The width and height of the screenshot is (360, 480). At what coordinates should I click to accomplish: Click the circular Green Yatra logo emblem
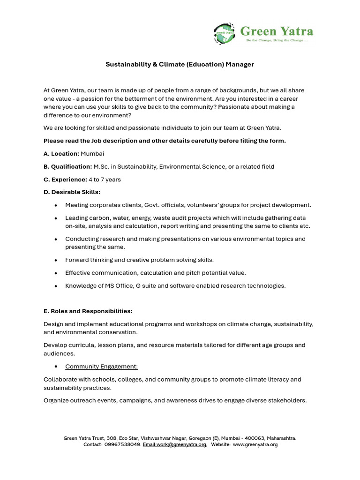pos(224,34)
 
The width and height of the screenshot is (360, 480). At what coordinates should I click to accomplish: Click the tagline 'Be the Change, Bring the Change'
pos(277,40)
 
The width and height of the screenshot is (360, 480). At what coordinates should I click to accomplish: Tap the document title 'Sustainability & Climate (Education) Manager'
pos(180,64)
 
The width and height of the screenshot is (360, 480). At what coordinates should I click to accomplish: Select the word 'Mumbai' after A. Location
pos(92,153)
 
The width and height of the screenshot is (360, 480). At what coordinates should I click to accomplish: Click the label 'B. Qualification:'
pos(67,166)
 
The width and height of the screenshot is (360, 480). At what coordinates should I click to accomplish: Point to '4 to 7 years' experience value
pos(105,179)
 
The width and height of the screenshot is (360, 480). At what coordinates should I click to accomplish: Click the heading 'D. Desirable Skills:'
pos(72,192)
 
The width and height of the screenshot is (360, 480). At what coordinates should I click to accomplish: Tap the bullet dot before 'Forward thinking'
pos(56,260)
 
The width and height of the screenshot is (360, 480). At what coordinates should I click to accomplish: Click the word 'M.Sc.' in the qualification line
pos(102,166)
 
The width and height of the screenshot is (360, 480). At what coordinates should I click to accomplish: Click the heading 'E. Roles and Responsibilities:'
pos(88,311)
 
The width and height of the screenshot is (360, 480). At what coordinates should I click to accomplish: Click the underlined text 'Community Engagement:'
pos(101,366)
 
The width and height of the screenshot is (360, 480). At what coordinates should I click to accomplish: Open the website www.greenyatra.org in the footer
pos(255,444)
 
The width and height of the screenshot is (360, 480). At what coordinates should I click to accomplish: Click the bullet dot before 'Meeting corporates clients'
pos(56,205)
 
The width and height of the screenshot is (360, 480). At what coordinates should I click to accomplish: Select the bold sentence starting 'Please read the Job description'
pos(165,141)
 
